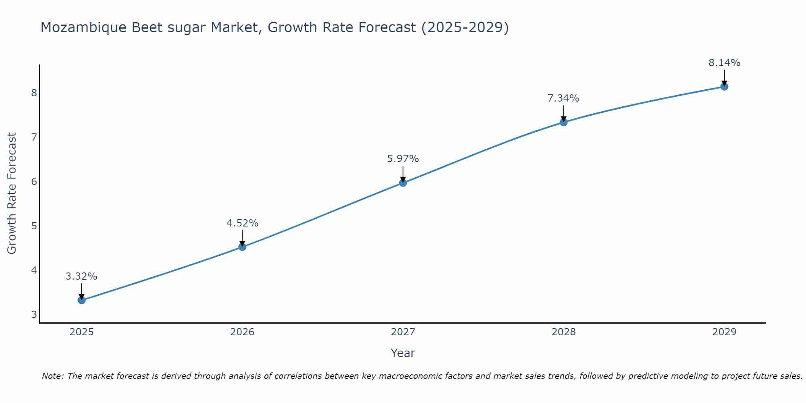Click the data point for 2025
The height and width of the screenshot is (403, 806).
[81, 300]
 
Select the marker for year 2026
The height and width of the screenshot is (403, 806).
[242, 247]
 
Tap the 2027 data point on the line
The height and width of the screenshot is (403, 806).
[403, 183]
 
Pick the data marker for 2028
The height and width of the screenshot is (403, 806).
[563, 122]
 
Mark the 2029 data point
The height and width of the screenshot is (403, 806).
[724, 86]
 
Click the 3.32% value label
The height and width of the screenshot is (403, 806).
[81, 276]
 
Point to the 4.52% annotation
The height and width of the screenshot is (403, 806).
[242, 223]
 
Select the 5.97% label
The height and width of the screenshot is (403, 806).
[403, 159]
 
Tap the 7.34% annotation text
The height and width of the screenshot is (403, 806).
[563, 98]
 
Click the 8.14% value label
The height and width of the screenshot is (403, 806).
[724, 63]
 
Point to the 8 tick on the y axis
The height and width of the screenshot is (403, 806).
[34, 93]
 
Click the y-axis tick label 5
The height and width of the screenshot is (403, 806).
[34, 226]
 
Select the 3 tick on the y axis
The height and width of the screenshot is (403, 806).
[34, 314]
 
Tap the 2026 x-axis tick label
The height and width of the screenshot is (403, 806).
[242, 332]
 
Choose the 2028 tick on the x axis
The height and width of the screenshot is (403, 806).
[563, 332]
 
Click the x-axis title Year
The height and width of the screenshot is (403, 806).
[403, 353]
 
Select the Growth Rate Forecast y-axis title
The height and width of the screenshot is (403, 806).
[12, 193]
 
